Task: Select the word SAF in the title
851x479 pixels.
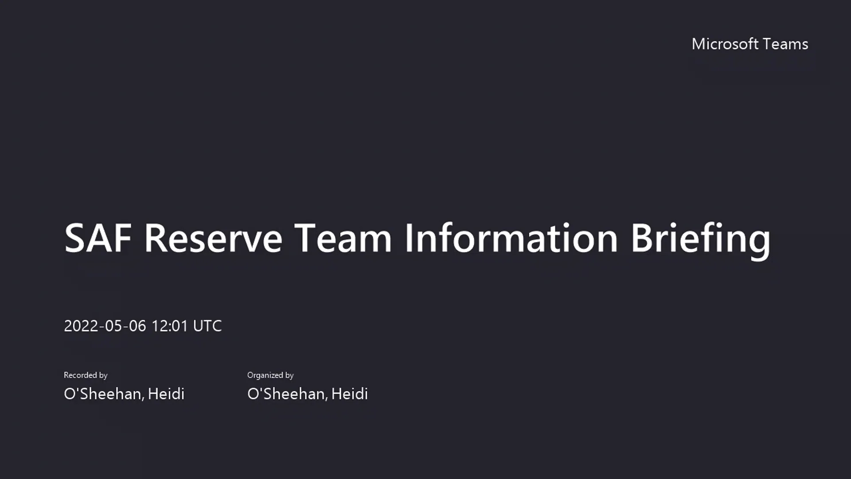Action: point(98,238)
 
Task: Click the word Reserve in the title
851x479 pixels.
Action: point(213,238)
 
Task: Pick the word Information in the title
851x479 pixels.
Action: point(511,238)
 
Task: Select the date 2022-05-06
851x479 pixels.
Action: point(105,326)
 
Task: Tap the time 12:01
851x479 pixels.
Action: point(170,326)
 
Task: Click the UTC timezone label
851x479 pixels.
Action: point(207,326)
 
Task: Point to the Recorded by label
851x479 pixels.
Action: point(86,375)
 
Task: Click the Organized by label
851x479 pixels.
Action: point(270,375)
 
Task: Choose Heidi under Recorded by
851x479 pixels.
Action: point(166,394)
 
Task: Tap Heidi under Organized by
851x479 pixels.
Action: point(350,394)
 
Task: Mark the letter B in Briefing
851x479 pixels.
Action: point(641,238)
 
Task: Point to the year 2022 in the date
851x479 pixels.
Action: point(81,326)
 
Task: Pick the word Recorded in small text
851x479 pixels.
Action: point(80,375)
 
